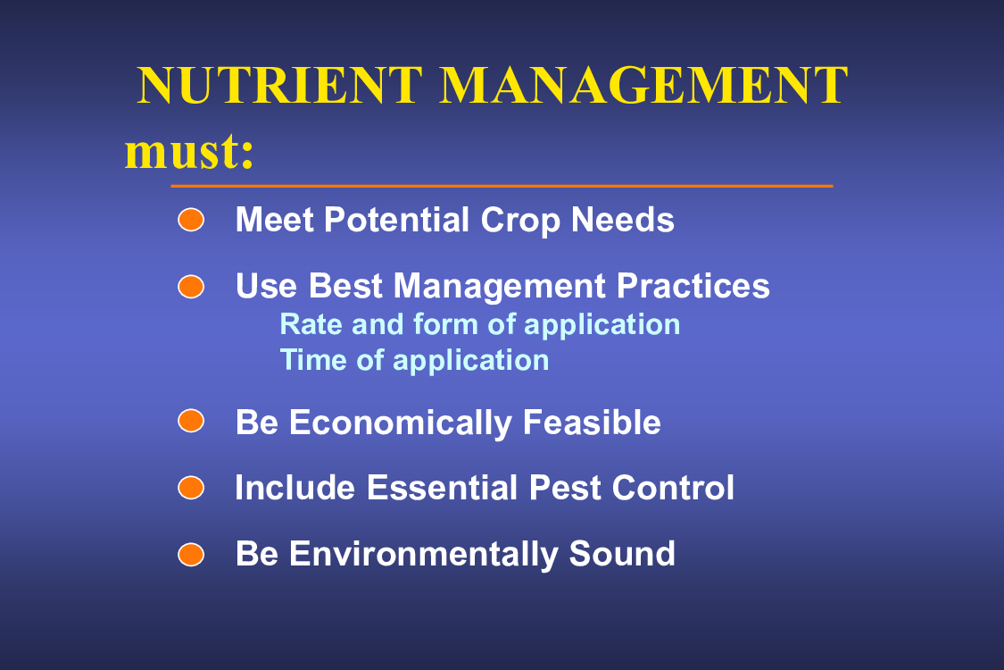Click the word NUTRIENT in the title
pyautogui.click(x=280, y=85)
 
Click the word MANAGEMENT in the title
pyautogui.click(x=643, y=85)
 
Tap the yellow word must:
pyautogui.click(x=189, y=151)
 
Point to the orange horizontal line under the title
pyautogui.click(x=502, y=186)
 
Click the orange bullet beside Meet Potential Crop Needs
pyautogui.click(x=191, y=220)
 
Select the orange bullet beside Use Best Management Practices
pyautogui.click(x=191, y=287)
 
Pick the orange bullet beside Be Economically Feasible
pyautogui.click(x=191, y=421)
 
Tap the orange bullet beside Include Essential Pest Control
pyautogui.click(x=191, y=487)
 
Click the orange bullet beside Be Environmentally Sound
pyautogui.click(x=191, y=554)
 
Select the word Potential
pyautogui.click(x=397, y=220)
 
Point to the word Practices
pyautogui.click(x=693, y=286)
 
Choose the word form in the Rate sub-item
pyautogui.click(x=445, y=324)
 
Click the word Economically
pyautogui.click(x=400, y=423)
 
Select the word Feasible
pyautogui.click(x=592, y=423)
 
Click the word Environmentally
pyautogui.click(x=423, y=555)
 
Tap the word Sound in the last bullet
pyautogui.click(x=622, y=554)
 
